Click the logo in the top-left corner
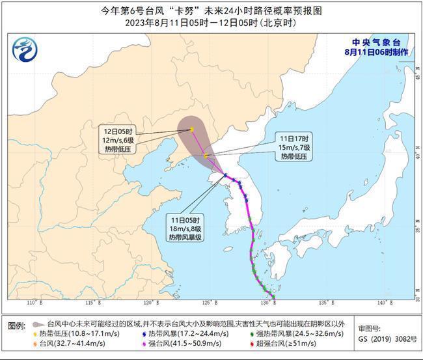tap(25, 49)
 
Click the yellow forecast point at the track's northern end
tap(192, 129)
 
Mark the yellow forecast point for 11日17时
tap(206, 156)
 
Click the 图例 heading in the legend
tap(17, 324)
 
